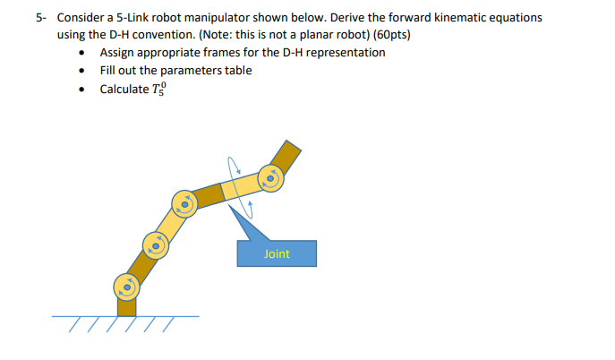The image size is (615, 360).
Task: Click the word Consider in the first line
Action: tap(82, 17)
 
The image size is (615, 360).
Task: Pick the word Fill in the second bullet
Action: tap(108, 70)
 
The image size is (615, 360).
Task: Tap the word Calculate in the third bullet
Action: tap(124, 89)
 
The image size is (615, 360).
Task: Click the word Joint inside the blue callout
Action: tap(277, 253)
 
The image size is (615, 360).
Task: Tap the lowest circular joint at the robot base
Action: tap(126, 287)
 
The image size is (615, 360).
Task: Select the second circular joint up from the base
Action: tap(155, 243)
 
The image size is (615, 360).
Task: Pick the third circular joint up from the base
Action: tap(185, 204)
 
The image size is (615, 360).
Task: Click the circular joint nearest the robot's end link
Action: tap(270, 179)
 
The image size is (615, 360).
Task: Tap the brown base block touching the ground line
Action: tap(127, 307)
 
